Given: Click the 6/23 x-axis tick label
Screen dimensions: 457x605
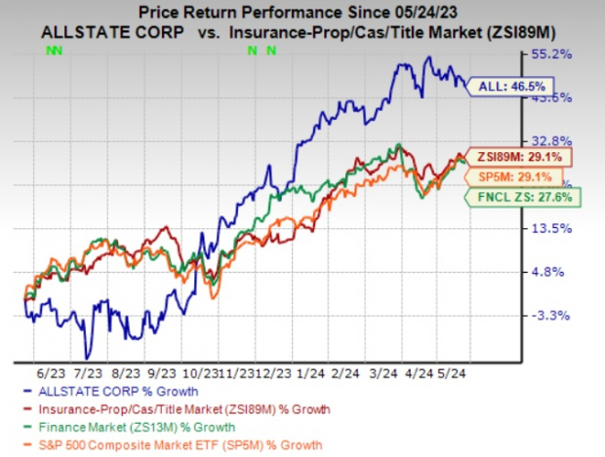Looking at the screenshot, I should [46, 373].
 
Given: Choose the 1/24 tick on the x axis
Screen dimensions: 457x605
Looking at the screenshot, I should [312, 373].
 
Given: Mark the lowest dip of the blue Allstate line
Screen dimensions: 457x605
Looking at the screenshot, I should [87, 357].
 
